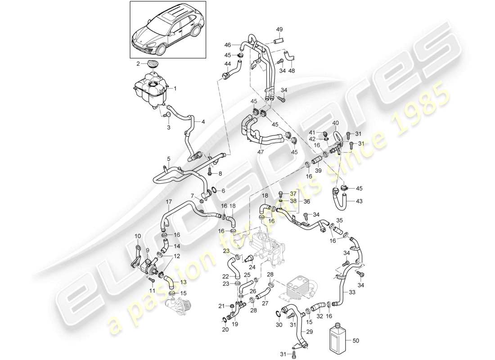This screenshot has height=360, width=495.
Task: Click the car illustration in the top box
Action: coord(167,30)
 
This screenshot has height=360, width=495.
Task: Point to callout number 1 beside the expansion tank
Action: coord(175,89)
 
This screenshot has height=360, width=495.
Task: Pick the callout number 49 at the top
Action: coord(279,29)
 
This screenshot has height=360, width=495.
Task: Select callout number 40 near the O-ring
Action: coord(336,123)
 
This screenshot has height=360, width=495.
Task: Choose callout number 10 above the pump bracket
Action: coord(138,236)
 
